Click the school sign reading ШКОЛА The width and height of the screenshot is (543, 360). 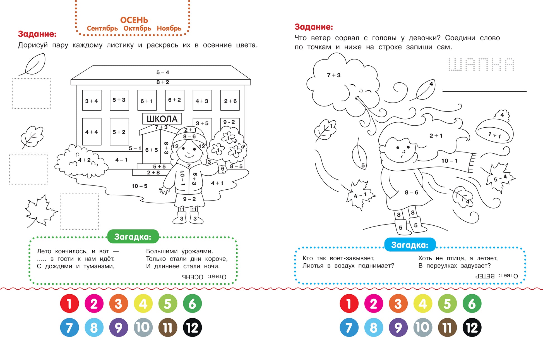162,119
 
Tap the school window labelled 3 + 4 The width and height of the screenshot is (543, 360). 92,101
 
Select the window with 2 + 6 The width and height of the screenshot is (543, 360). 230,101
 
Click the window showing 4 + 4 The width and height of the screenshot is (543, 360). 92,132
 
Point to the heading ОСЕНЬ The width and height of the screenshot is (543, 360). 134,20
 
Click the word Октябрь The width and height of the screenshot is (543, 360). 137,28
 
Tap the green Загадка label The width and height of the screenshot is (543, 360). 133,237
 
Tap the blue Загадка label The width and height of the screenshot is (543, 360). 410,245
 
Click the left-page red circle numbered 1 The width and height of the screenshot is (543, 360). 69,304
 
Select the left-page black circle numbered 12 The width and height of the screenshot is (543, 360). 192,328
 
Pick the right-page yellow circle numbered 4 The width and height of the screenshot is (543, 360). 423,304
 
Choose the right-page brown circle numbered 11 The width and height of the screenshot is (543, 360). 447,328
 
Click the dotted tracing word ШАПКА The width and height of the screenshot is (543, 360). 481,65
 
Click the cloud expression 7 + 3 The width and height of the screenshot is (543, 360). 334,75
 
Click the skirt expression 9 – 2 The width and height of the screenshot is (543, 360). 189,199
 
